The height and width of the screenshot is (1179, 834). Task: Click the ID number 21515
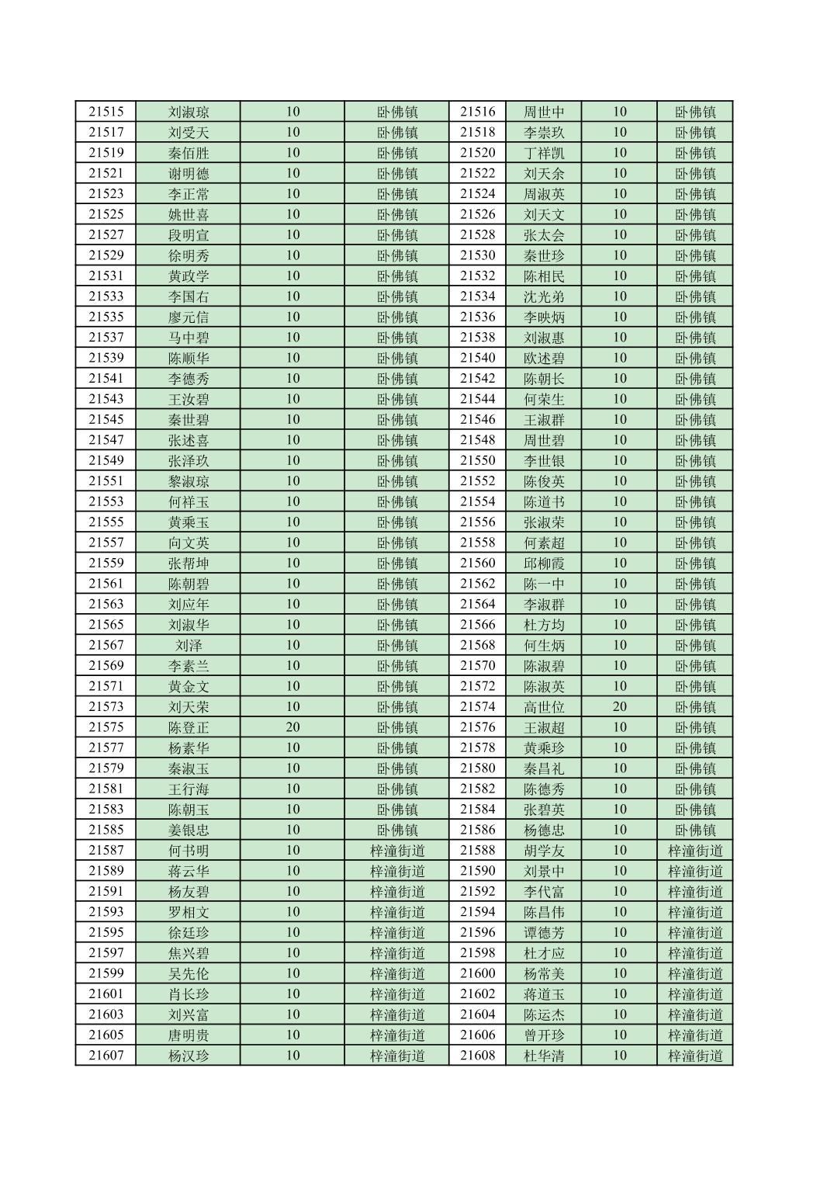[106, 112]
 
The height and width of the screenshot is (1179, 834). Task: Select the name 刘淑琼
[189, 112]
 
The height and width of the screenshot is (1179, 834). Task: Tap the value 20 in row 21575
[292, 727]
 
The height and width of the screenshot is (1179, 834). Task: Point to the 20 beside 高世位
[619, 706]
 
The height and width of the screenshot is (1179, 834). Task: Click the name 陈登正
[189, 727]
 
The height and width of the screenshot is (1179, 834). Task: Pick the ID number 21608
[477, 1056]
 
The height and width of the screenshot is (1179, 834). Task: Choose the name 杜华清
[544, 1056]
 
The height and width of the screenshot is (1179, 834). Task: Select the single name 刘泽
[189, 645]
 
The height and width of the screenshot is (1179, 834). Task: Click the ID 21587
[106, 850]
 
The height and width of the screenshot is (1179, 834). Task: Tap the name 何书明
[189, 850]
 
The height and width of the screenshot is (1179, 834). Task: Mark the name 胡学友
[544, 850]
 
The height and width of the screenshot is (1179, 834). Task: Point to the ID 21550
[477, 460]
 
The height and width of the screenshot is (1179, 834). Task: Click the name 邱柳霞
[544, 563]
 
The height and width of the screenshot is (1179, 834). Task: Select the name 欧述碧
[544, 358]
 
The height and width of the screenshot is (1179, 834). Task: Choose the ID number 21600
[477, 973]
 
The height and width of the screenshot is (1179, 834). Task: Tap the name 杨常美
[544, 973]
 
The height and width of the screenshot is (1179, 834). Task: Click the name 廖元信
[189, 317]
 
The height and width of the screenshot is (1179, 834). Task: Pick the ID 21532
[477, 276]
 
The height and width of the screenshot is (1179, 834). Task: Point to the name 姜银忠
[189, 830]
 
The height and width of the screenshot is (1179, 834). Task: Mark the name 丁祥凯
[544, 153]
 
